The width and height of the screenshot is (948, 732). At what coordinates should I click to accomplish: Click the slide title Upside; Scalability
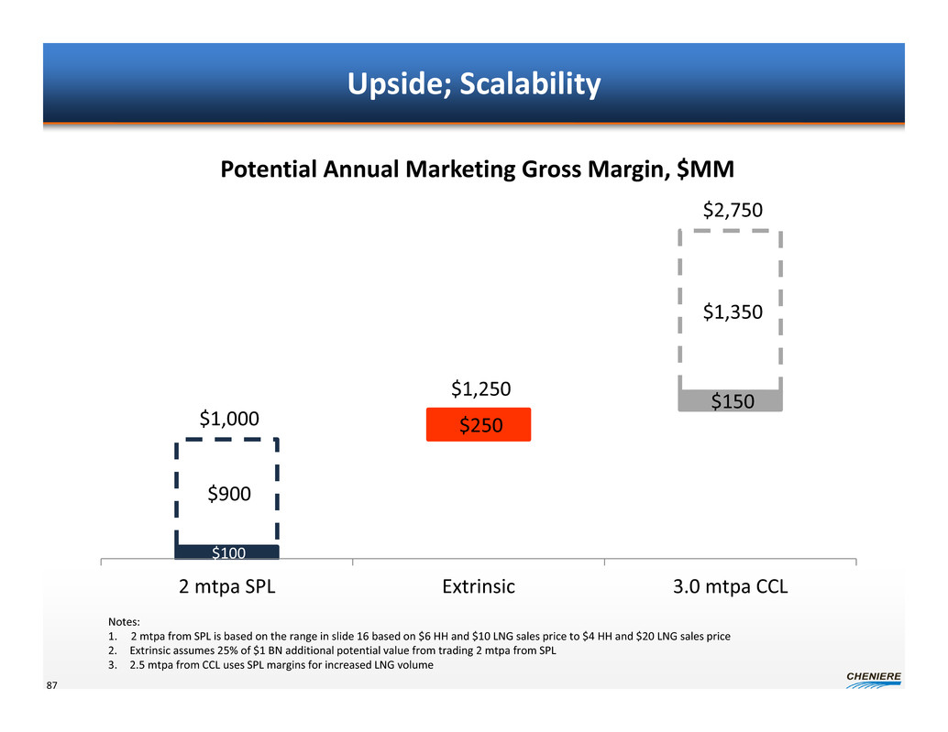click(x=474, y=83)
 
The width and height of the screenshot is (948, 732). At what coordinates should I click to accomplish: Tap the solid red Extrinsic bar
click(x=479, y=424)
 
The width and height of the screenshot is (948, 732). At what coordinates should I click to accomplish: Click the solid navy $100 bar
click(x=226, y=552)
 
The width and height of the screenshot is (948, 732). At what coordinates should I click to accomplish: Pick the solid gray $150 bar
click(x=731, y=401)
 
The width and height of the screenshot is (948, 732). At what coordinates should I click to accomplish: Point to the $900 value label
click(x=229, y=494)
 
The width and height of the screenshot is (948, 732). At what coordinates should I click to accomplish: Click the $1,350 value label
click(x=733, y=311)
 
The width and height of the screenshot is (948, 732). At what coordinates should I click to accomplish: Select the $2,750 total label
click(x=733, y=210)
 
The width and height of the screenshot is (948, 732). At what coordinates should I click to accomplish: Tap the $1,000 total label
click(x=229, y=419)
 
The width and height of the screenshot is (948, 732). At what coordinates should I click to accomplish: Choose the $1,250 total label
click(x=481, y=389)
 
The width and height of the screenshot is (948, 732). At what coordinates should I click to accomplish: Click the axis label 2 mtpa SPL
click(x=226, y=586)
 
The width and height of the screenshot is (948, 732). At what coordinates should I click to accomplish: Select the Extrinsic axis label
click(x=479, y=586)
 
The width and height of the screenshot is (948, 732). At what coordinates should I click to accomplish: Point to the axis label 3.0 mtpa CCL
click(x=731, y=586)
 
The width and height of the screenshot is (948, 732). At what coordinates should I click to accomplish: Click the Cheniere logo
click(x=874, y=680)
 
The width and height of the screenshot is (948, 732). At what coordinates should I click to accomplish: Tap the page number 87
click(x=52, y=685)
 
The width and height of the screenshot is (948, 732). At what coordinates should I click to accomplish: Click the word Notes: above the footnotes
click(x=124, y=621)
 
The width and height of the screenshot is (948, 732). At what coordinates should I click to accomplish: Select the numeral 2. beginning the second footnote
click(x=113, y=650)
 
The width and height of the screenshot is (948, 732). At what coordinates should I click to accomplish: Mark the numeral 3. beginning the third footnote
click(x=113, y=665)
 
